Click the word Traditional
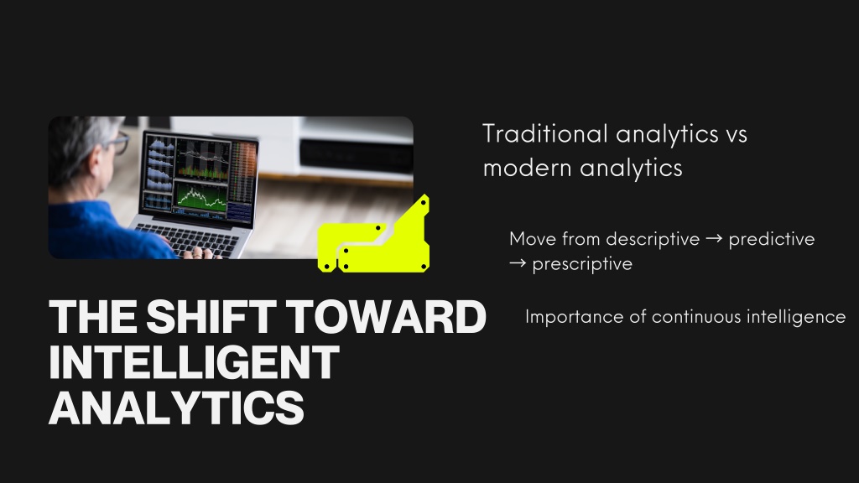coord(545,133)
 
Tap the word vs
coord(737,135)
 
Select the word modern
coord(527,168)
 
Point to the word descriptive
coord(653,239)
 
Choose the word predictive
coord(772,239)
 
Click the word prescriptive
coord(582,264)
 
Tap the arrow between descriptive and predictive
coord(715,239)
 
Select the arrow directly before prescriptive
coord(518,263)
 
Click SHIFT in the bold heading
coord(211,316)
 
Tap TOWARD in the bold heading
coord(386,316)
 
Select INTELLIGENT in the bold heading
coord(194,362)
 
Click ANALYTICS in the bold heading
coord(176,408)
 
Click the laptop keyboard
coord(189,240)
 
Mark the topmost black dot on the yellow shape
coord(424,203)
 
